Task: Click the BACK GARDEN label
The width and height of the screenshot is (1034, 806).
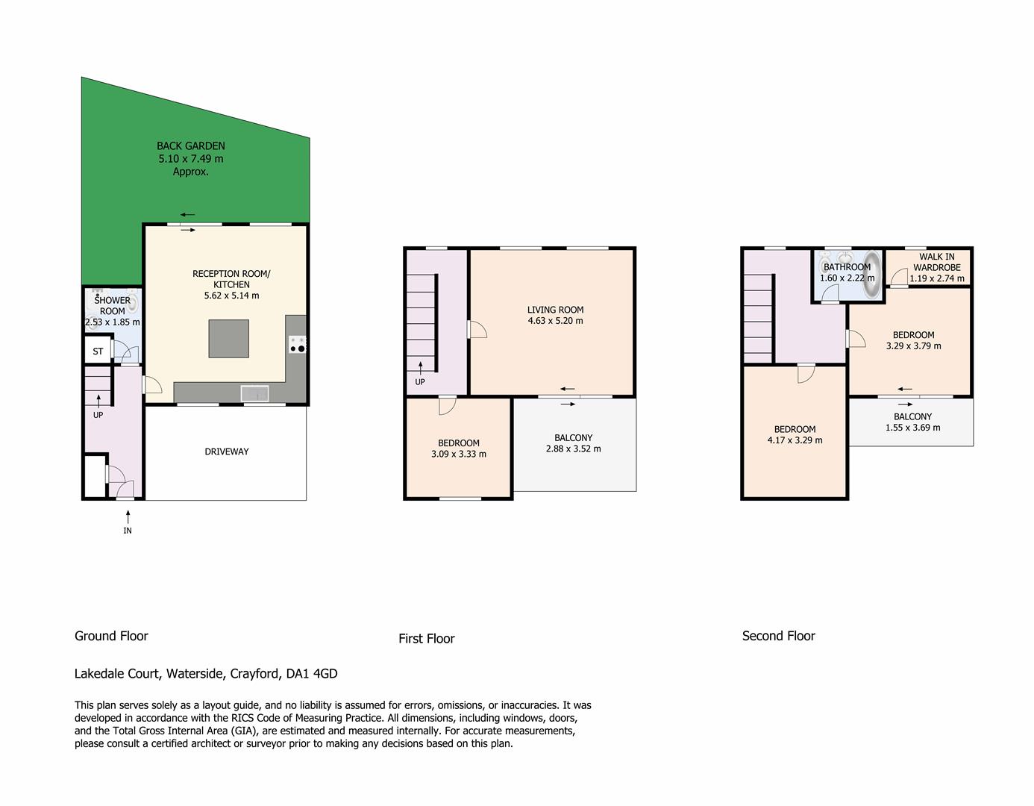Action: (x=191, y=146)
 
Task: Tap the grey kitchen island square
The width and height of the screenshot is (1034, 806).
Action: (x=229, y=340)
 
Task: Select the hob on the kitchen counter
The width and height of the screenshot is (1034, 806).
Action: (x=298, y=345)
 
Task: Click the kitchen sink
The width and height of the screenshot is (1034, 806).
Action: (x=255, y=394)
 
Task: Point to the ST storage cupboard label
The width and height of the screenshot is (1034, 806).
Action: (x=98, y=352)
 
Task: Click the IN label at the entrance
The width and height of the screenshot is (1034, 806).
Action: (x=128, y=531)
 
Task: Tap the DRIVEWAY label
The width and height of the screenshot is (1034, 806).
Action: (x=227, y=452)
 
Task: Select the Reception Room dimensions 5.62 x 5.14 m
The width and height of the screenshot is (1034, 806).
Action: (x=232, y=296)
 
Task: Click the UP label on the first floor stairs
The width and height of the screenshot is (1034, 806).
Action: (x=420, y=382)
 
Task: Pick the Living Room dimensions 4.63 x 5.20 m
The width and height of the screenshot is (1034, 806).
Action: (x=555, y=321)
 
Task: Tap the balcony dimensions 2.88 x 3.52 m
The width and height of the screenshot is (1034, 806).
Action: (x=574, y=449)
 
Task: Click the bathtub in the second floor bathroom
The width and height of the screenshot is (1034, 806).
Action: (x=872, y=275)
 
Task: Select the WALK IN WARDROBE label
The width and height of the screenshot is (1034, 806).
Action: (x=937, y=263)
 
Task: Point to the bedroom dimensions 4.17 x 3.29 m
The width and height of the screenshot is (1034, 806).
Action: (x=795, y=440)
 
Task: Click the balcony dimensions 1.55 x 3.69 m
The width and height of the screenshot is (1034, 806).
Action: (x=913, y=428)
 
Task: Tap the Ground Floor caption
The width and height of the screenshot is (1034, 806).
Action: (x=111, y=636)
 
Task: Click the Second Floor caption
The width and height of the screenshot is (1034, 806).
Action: (x=779, y=636)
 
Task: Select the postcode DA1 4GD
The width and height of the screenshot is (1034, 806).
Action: (x=312, y=674)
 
